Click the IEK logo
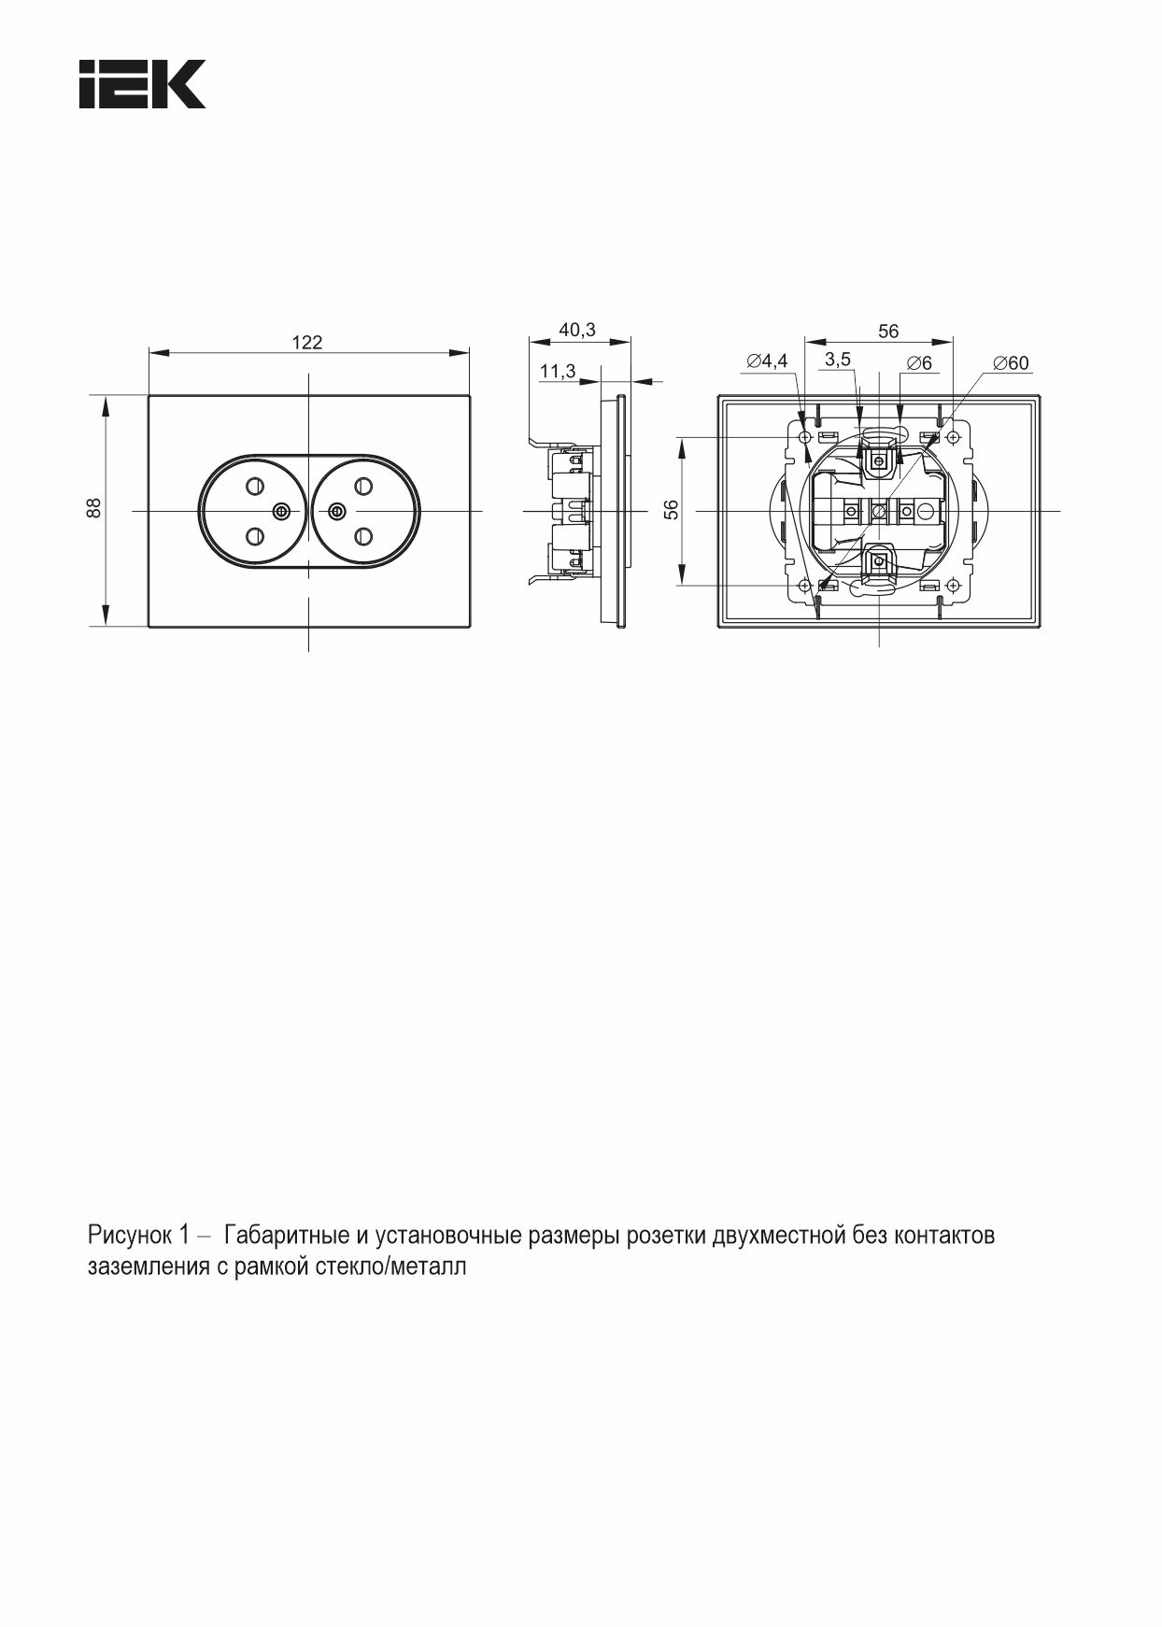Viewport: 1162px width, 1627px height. (x=142, y=84)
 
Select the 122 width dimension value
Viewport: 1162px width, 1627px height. (x=306, y=343)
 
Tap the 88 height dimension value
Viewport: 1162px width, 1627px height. (x=94, y=509)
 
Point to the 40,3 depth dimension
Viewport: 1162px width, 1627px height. (x=577, y=330)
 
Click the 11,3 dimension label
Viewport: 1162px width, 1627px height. (x=558, y=371)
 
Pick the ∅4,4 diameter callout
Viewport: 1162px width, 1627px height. (x=767, y=361)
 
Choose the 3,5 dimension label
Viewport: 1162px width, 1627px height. (x=838, y=360)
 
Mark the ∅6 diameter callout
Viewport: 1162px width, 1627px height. (x=919, y=362)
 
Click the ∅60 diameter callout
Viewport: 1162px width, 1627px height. (x=1011, y=362)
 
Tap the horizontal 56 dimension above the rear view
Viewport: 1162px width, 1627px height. (x=888, y=331)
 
